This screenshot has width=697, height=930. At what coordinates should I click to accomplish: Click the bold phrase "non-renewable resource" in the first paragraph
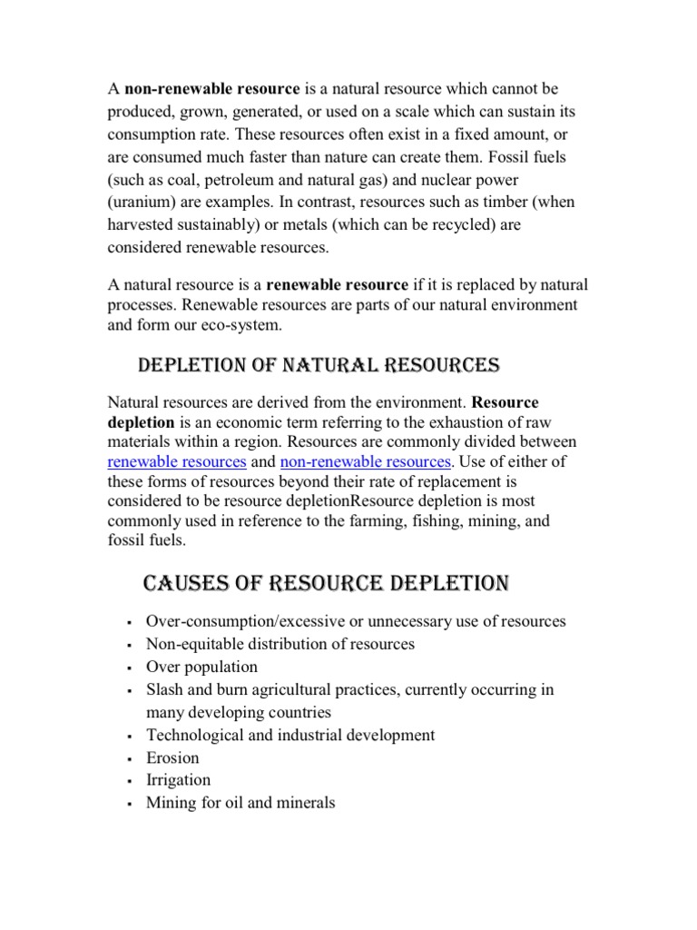click(212, 89)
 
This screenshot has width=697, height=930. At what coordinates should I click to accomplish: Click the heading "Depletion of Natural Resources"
click(318, 366)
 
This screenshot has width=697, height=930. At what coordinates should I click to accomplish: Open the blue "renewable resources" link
click(177, 461)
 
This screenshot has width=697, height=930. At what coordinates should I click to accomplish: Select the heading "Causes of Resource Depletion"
click(327, 581)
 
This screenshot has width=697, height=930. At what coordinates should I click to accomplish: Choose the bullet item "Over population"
click(201, 667)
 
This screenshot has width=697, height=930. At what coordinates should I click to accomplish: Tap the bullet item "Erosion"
click(172, 757)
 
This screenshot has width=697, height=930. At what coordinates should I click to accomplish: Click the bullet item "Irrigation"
click(178, 780)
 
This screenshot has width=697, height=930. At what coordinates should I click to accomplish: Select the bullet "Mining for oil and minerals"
click(241, 803)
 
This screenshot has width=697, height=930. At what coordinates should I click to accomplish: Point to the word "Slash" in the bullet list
click(166, 689)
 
